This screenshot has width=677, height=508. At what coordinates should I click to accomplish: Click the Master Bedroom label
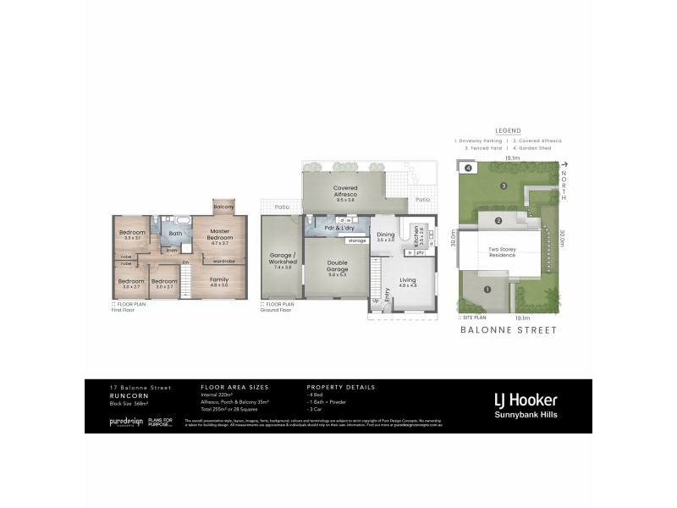pos(220,234)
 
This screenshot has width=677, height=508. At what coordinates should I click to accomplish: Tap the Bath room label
pos(176,234)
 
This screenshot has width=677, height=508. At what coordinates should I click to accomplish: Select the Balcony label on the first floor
pos(223,206)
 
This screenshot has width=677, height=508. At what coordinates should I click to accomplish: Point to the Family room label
pos(219,280)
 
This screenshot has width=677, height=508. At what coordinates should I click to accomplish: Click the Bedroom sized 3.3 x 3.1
pos(133,235)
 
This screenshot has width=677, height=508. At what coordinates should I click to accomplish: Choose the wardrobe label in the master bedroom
pos(223,261)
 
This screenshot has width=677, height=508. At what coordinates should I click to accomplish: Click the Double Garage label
pos(337,266)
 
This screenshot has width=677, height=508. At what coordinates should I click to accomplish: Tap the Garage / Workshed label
pos(282,258)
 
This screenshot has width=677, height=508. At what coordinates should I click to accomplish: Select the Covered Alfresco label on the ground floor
pos(344,193)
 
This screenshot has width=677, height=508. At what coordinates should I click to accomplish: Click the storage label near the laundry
pos(356,240)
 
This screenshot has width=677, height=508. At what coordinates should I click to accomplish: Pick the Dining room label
pos(386,236)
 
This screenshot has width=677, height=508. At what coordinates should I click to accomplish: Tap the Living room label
pos(408,283)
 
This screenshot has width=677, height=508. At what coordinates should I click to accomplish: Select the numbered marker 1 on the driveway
pos(487,290)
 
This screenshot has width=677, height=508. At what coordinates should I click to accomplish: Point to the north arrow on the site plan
pos(564,165)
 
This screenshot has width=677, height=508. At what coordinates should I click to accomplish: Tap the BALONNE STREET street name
pos(509,331)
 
